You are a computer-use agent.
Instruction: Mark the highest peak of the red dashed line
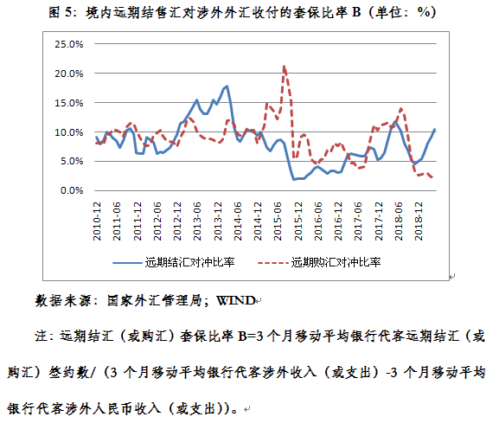[x=285, y=66]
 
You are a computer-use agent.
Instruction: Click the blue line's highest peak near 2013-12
[x=227, y=86]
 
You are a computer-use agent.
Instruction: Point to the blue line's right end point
[x=435, y=129]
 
